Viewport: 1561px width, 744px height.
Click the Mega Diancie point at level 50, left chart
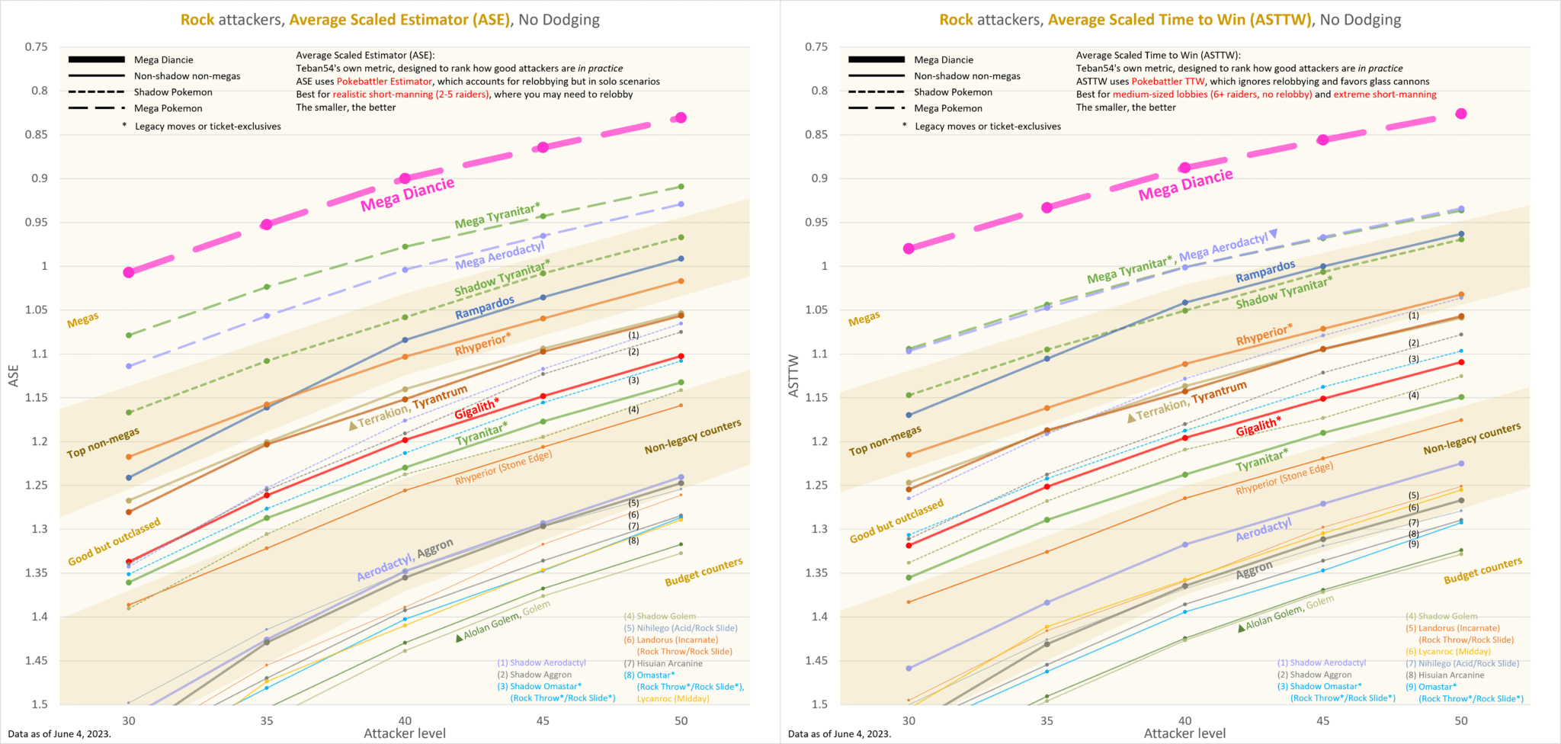[x=681, y=117]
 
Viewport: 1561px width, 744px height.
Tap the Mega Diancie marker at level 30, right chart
[x=909, y=249]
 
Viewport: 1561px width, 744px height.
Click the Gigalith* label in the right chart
[x=1258, y=427]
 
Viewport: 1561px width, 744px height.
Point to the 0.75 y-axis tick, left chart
[x=37, y=47]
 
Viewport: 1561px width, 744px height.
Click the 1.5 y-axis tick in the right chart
[x=816, y=704]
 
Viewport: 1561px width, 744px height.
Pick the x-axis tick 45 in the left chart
[x=543, y=720]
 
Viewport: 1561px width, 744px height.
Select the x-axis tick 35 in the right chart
[x=1047, y=720]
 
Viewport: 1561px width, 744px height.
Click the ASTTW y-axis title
[x=793, y=375]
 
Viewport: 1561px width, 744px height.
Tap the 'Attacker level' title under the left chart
[x=405, y=733]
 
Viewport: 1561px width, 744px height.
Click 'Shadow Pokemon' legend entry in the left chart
[x=173, y=92]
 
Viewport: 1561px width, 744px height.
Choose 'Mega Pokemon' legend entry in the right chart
[x=948, y=108]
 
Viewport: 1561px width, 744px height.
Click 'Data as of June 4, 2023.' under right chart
[x=839, y=734]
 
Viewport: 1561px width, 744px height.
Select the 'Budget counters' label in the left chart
[x=704, y=572]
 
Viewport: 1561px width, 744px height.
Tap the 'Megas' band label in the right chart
[x=864, y=319]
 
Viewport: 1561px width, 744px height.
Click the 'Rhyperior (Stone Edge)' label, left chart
[x=504, y=467]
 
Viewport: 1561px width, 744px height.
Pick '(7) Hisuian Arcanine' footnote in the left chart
[x=663, y=663]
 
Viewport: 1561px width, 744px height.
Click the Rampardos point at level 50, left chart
[x=681, y=259]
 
